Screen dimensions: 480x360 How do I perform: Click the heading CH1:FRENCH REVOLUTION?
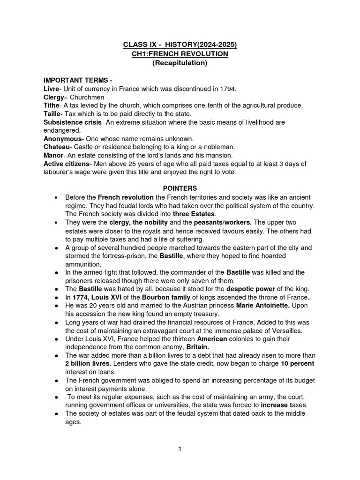click(180, 54)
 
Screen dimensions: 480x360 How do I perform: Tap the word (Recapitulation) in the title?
click(180, 63)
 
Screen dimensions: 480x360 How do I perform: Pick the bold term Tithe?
click(52, 105)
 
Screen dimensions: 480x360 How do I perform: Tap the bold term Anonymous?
click(62, 139)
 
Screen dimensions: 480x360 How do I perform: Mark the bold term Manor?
click(53, 156)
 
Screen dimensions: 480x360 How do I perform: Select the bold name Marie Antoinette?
click(263, 306)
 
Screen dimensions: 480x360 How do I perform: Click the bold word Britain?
click(200, 347)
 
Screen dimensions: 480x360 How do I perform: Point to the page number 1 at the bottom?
click(180, 449)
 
